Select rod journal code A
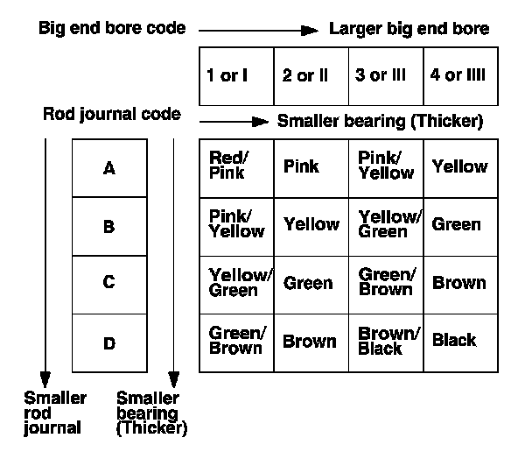pos(109,168)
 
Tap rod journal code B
pos(109,226)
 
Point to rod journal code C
pos(109,284)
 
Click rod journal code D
pos(109,342)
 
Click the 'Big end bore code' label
pos(112,28)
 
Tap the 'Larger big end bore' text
pos(409,29)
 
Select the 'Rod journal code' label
pos(112,115)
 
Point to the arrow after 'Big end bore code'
pos(258,30)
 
